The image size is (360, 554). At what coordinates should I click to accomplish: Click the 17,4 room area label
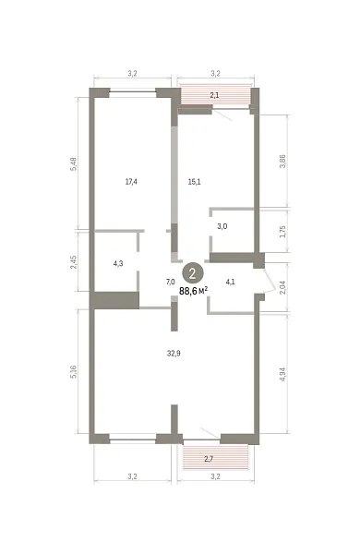point(131,182)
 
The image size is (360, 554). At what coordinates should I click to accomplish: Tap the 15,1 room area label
point(195,182)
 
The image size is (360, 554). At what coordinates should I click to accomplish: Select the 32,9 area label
point(174,353)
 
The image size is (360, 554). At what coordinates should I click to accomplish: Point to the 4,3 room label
point(118,263)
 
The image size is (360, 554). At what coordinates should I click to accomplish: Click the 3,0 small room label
point(222,226)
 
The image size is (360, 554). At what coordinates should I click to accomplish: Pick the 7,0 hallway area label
point(170,282)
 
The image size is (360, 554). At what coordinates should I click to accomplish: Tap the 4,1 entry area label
point(231,282)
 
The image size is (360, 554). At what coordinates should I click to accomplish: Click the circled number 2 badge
point(193,273)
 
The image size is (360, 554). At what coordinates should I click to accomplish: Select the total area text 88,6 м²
point(193,291)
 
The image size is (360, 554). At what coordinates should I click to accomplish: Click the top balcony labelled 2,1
point(214,95)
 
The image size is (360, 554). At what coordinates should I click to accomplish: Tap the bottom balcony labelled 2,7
point(215,458)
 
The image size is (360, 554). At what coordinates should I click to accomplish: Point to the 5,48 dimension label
point(74,164)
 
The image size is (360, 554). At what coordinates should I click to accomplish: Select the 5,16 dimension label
point(74,372)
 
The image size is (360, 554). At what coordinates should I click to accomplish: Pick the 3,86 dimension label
point(282,162)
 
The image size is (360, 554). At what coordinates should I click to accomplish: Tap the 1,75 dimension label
point(282,232)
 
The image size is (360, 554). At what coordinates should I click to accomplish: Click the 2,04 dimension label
point(282,288)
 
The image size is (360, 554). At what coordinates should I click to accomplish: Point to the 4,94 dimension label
point(282,374)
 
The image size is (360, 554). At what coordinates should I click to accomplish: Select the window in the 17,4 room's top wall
point(133,92)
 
